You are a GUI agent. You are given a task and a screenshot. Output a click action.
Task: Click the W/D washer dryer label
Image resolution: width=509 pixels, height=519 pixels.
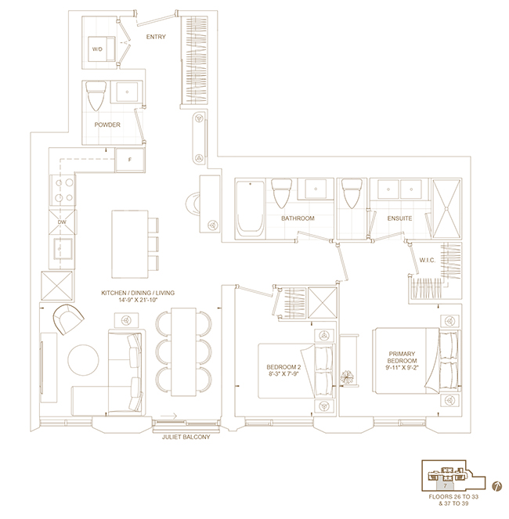97,49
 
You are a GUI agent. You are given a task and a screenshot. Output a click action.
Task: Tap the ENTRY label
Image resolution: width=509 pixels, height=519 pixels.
156,37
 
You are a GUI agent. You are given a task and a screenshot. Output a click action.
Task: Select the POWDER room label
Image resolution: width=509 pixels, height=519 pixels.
107,124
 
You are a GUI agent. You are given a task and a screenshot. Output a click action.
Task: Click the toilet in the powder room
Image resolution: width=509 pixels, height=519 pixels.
96,96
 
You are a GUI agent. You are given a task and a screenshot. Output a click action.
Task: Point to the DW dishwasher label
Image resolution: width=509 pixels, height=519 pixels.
62,222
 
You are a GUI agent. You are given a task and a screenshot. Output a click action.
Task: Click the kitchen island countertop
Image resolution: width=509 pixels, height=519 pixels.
130,244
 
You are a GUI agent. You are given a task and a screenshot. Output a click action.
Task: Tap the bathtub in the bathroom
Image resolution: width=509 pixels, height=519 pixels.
250,208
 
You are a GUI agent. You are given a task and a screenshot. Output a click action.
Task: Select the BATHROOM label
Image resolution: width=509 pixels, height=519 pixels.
298,218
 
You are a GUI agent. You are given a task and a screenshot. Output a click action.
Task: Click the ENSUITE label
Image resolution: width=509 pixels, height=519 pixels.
399,218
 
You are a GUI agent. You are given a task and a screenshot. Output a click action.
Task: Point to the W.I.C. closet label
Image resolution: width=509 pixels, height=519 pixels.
428,260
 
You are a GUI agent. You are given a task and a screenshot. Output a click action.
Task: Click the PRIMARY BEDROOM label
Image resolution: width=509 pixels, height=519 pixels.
402,357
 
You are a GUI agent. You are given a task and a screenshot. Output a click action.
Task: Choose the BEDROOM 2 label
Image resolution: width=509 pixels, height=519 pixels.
283,367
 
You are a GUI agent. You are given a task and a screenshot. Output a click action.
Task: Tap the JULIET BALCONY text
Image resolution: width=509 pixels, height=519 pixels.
186,437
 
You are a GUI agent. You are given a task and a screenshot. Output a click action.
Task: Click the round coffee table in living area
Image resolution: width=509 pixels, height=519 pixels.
84,360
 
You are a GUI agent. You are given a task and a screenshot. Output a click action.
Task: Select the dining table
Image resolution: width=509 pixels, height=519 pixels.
183,351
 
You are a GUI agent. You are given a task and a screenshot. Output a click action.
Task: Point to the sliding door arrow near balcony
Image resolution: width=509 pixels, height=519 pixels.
169,416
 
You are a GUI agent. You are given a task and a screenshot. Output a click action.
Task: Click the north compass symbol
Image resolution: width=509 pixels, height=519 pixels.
496,486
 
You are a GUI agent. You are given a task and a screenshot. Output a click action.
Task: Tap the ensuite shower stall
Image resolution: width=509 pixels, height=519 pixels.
446,208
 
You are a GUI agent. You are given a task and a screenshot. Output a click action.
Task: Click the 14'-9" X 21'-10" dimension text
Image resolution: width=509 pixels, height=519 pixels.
138,300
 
